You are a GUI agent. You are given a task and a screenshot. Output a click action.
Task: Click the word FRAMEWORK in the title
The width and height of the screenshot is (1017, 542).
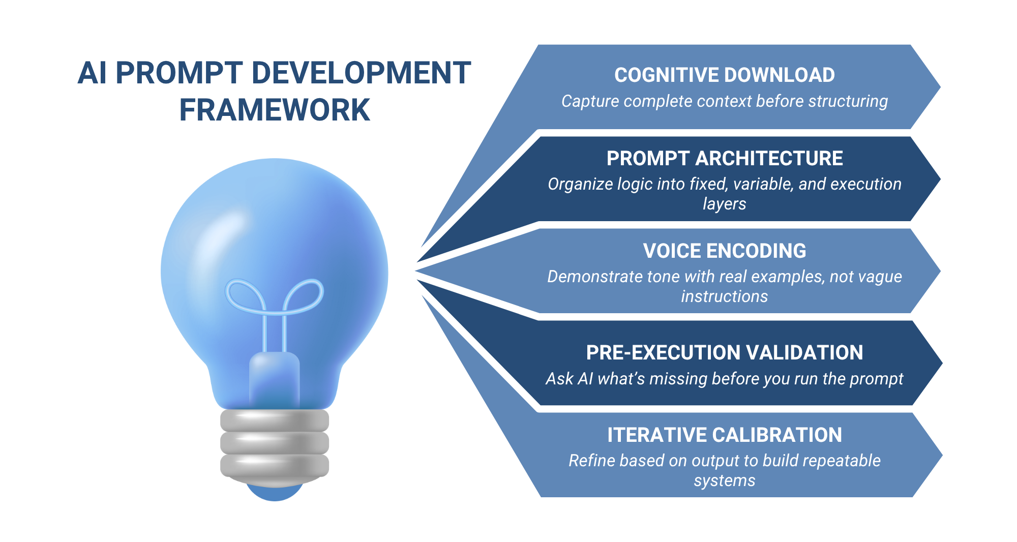point(275,110)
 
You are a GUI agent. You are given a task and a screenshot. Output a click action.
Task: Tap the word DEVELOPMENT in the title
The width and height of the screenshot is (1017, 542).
point(361,73)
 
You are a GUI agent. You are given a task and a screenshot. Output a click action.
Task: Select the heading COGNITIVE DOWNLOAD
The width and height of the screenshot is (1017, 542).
point(724,75)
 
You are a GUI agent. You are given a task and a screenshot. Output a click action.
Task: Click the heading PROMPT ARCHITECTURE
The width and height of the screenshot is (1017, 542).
point(724,159)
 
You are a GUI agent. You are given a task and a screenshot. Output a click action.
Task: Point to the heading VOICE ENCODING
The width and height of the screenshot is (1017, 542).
point(724,251)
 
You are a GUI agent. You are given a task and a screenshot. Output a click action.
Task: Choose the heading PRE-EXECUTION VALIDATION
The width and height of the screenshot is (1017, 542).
point(724,353)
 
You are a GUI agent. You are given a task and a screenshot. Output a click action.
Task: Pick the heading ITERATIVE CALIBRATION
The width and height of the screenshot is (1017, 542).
point(724,435)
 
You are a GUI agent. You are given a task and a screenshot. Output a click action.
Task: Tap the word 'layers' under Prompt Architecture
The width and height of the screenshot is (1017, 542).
point(724,204)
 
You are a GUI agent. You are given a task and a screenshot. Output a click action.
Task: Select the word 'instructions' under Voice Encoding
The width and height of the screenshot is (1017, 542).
point(724,296)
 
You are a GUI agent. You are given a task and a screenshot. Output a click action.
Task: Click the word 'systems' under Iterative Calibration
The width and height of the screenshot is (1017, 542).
point(724,481)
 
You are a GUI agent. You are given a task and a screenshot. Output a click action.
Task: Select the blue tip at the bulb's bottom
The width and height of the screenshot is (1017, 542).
point(275,492)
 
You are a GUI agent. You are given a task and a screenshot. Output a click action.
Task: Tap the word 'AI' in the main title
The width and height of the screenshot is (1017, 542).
point(93,73)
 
